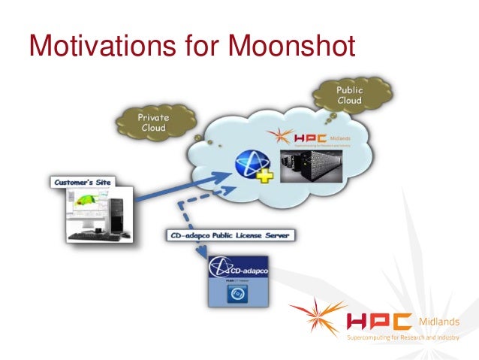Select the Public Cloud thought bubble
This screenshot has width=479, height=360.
pyautogui.click(x=348, y=95)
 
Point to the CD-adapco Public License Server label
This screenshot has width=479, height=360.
pyautogui.click(x=231, y=235)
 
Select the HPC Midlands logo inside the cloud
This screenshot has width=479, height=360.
pyautogui.click(x=300, y=138)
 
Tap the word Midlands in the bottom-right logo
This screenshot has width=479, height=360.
pyautogui.click(x=442, y=322)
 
